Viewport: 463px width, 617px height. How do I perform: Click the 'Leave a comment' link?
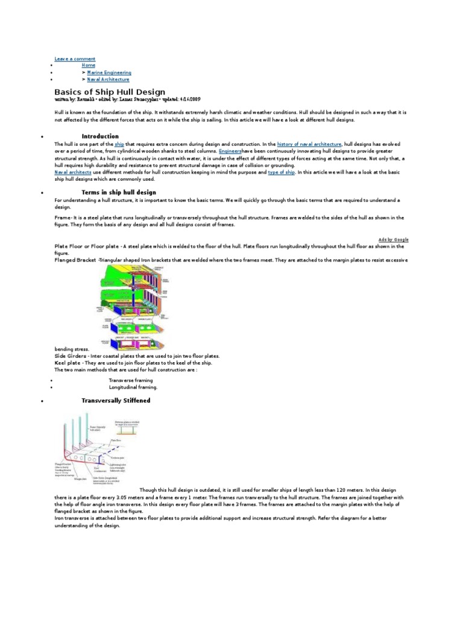tap(75, 58)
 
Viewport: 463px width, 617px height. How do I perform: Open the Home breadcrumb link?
tap(88, 65)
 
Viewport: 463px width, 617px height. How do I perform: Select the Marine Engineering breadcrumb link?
tap(109, 72)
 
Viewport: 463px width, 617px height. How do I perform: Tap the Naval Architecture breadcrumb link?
tap(108, 79)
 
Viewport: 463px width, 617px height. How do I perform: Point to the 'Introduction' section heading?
tap(100, 136)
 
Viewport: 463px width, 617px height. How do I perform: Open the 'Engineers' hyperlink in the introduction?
tap(230, 152)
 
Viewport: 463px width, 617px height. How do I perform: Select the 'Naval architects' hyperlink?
tap(73, 172)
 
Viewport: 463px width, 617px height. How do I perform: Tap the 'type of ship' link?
tap(281, 172)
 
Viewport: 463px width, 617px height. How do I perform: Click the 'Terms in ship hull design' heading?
tap(119, 192)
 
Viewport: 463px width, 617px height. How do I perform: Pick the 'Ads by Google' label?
tap(394, 239)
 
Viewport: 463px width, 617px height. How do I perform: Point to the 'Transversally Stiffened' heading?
tap(116, 401)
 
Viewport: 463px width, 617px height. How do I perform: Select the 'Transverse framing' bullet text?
tap(130, 381)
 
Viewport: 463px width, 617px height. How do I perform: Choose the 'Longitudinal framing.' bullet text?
tap(133, 387)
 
